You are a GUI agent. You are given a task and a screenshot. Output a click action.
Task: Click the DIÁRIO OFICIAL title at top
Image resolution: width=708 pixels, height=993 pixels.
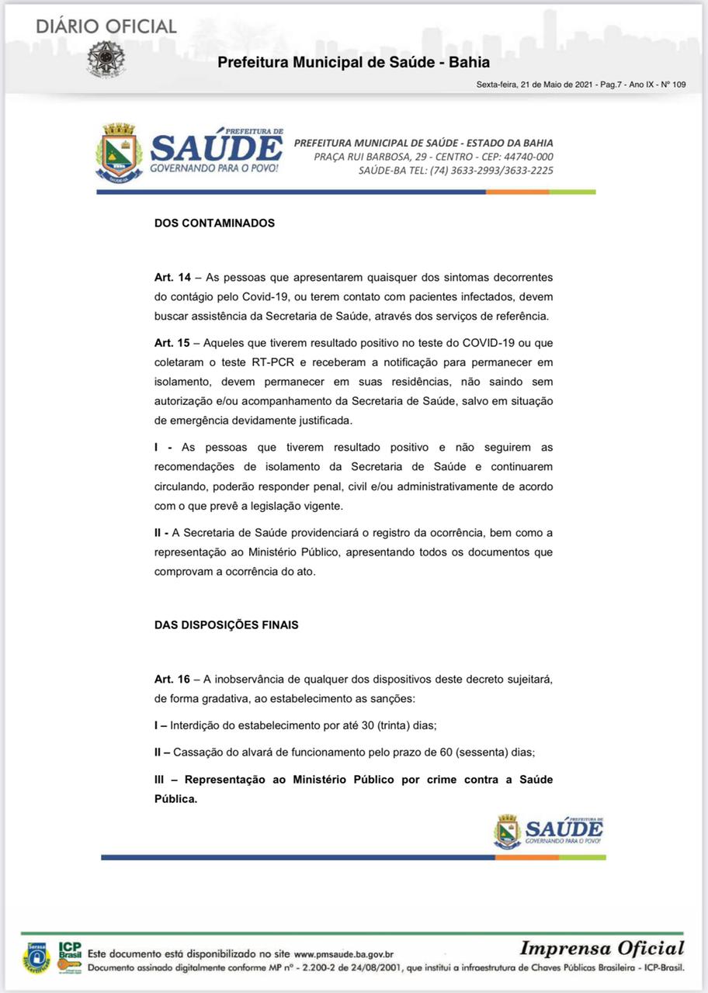click(x=106, y=26)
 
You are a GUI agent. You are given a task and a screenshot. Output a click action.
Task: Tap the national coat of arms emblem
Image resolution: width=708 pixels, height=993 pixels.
click(x=106, y=58)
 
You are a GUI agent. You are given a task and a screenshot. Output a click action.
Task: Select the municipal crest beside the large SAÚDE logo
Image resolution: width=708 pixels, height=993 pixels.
click(x=119, y=152)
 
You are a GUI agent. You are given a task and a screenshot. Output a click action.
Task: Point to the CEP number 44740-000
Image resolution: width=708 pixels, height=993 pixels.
click(x=526, y=157)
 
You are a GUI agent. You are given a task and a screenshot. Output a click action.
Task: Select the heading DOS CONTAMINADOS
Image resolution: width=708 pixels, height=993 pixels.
click(x=214, y=223)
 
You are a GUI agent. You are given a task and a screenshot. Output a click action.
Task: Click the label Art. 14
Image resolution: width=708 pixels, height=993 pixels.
click(x=172, y=277)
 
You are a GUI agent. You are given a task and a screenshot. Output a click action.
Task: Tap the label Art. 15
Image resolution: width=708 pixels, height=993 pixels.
click(x=172, y=343)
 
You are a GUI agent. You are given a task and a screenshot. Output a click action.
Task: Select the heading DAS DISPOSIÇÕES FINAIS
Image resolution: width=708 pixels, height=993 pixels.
click(x=226, y=625)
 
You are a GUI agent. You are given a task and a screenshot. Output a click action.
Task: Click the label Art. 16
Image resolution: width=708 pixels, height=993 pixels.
click(x=172, y=679)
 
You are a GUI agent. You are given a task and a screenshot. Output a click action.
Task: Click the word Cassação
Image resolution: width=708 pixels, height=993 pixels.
click(x=200, y=752)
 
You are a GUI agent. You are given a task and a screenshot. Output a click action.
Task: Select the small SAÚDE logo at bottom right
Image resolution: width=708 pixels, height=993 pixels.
click(x=549, y=832)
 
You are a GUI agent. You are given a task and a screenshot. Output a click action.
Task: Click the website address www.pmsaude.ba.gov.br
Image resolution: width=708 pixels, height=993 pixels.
click(x=344, y=954)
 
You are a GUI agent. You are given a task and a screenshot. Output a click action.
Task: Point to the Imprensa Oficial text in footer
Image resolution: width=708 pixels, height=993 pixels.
click(x=602, y=948)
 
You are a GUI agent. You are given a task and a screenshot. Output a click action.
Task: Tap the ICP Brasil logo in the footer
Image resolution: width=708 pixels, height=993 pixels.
click(x=69, y=957)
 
